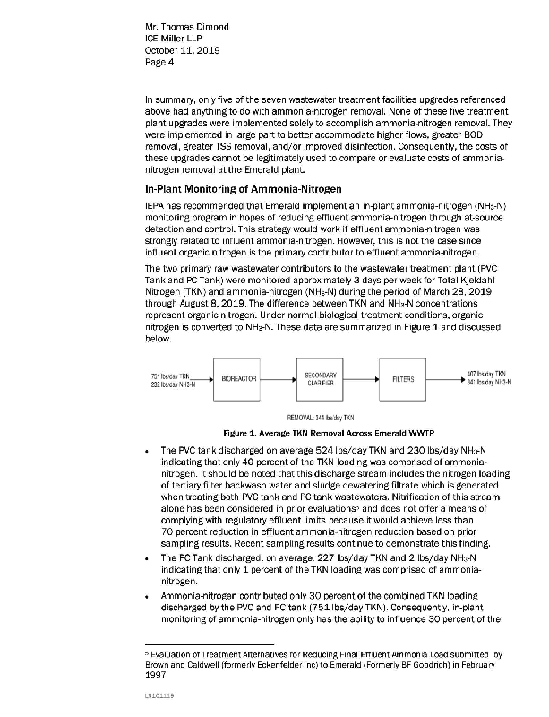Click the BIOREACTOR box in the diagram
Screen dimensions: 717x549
coord(240,378)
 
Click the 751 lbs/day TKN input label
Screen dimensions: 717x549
coord(171,374)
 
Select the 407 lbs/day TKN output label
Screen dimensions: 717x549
coord(488,374)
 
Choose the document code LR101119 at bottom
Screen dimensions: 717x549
coord(159,695)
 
